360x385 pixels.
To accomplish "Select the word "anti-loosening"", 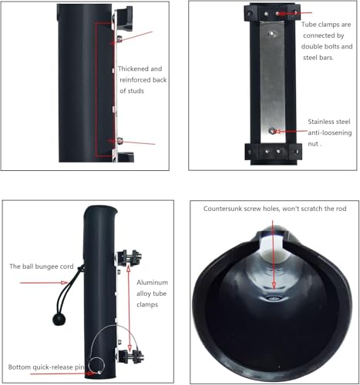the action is [x=330, y=132].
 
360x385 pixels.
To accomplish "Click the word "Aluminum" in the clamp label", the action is [x=152, y=283].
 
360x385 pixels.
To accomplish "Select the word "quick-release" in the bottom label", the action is [x=52, y=367].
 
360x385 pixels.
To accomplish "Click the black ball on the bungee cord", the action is [x=59, y=320].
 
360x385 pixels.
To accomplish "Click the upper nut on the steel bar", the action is [x=272, y=34].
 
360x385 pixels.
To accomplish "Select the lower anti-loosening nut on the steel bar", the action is [x=272, y=131].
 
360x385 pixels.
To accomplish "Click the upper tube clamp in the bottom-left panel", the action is [x=130, y=258].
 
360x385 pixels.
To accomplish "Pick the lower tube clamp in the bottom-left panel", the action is [x=130, y=355].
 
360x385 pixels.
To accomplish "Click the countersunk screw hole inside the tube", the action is [x=273, y=299].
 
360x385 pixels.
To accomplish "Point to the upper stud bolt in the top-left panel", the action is [x=119, y=39].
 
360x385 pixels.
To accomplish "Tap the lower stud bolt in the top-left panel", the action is [x=119, y=141].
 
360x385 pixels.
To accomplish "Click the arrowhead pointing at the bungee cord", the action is [x=64, y=283].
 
